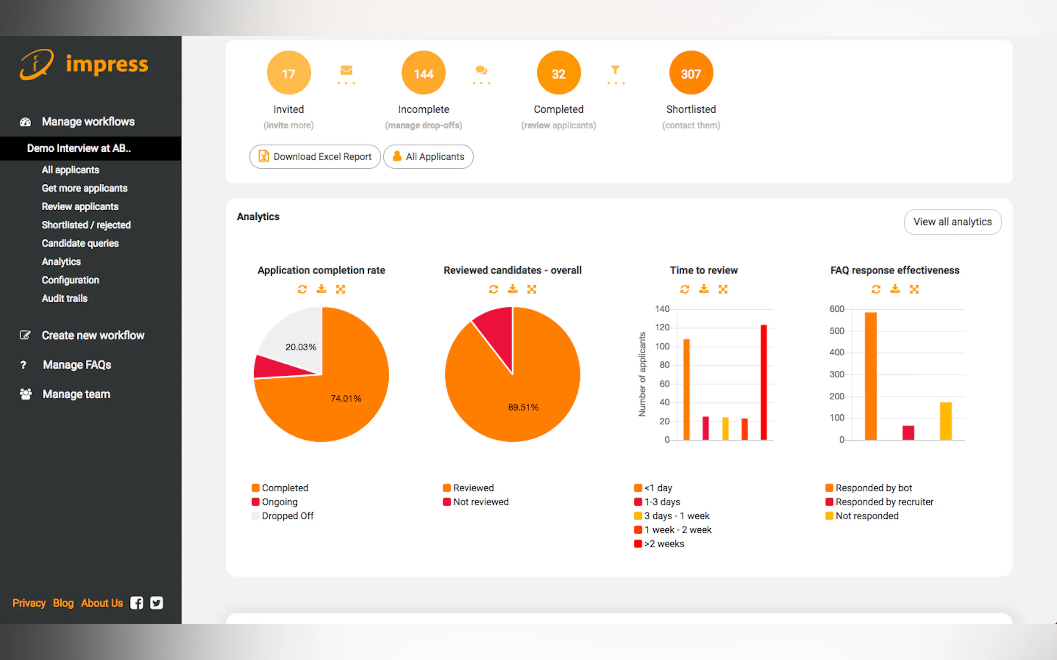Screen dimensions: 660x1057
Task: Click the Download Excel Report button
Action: coord(315,157)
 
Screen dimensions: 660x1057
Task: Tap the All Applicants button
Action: coord(428,157)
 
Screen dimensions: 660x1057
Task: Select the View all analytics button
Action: coord(952,222)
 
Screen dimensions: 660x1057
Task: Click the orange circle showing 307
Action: coord(690,73)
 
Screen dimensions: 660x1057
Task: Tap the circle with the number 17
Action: coord(288,73)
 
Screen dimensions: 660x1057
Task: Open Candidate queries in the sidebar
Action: coord(80,243)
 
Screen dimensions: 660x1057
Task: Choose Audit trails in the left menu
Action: coord(64,298)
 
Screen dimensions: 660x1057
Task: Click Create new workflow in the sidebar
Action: coord(93,335)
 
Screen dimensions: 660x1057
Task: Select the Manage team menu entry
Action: coord(76,394)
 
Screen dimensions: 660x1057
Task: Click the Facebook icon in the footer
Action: coord(136,603)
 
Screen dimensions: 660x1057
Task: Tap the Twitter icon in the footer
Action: coord(156,603)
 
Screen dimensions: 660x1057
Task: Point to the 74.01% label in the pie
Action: coord(346,399)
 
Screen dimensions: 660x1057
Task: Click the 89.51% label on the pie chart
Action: coord(523,407)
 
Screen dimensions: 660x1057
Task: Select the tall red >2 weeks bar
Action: coord(763,382)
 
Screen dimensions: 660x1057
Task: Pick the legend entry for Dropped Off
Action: coord(287,516)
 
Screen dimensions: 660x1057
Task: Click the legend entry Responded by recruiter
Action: coord(884,502)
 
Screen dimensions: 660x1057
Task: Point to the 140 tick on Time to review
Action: coord(662,309)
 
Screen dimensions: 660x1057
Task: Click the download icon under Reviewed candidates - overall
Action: coord(512,289)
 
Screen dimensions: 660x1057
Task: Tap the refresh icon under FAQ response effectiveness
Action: coord(876,289)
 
